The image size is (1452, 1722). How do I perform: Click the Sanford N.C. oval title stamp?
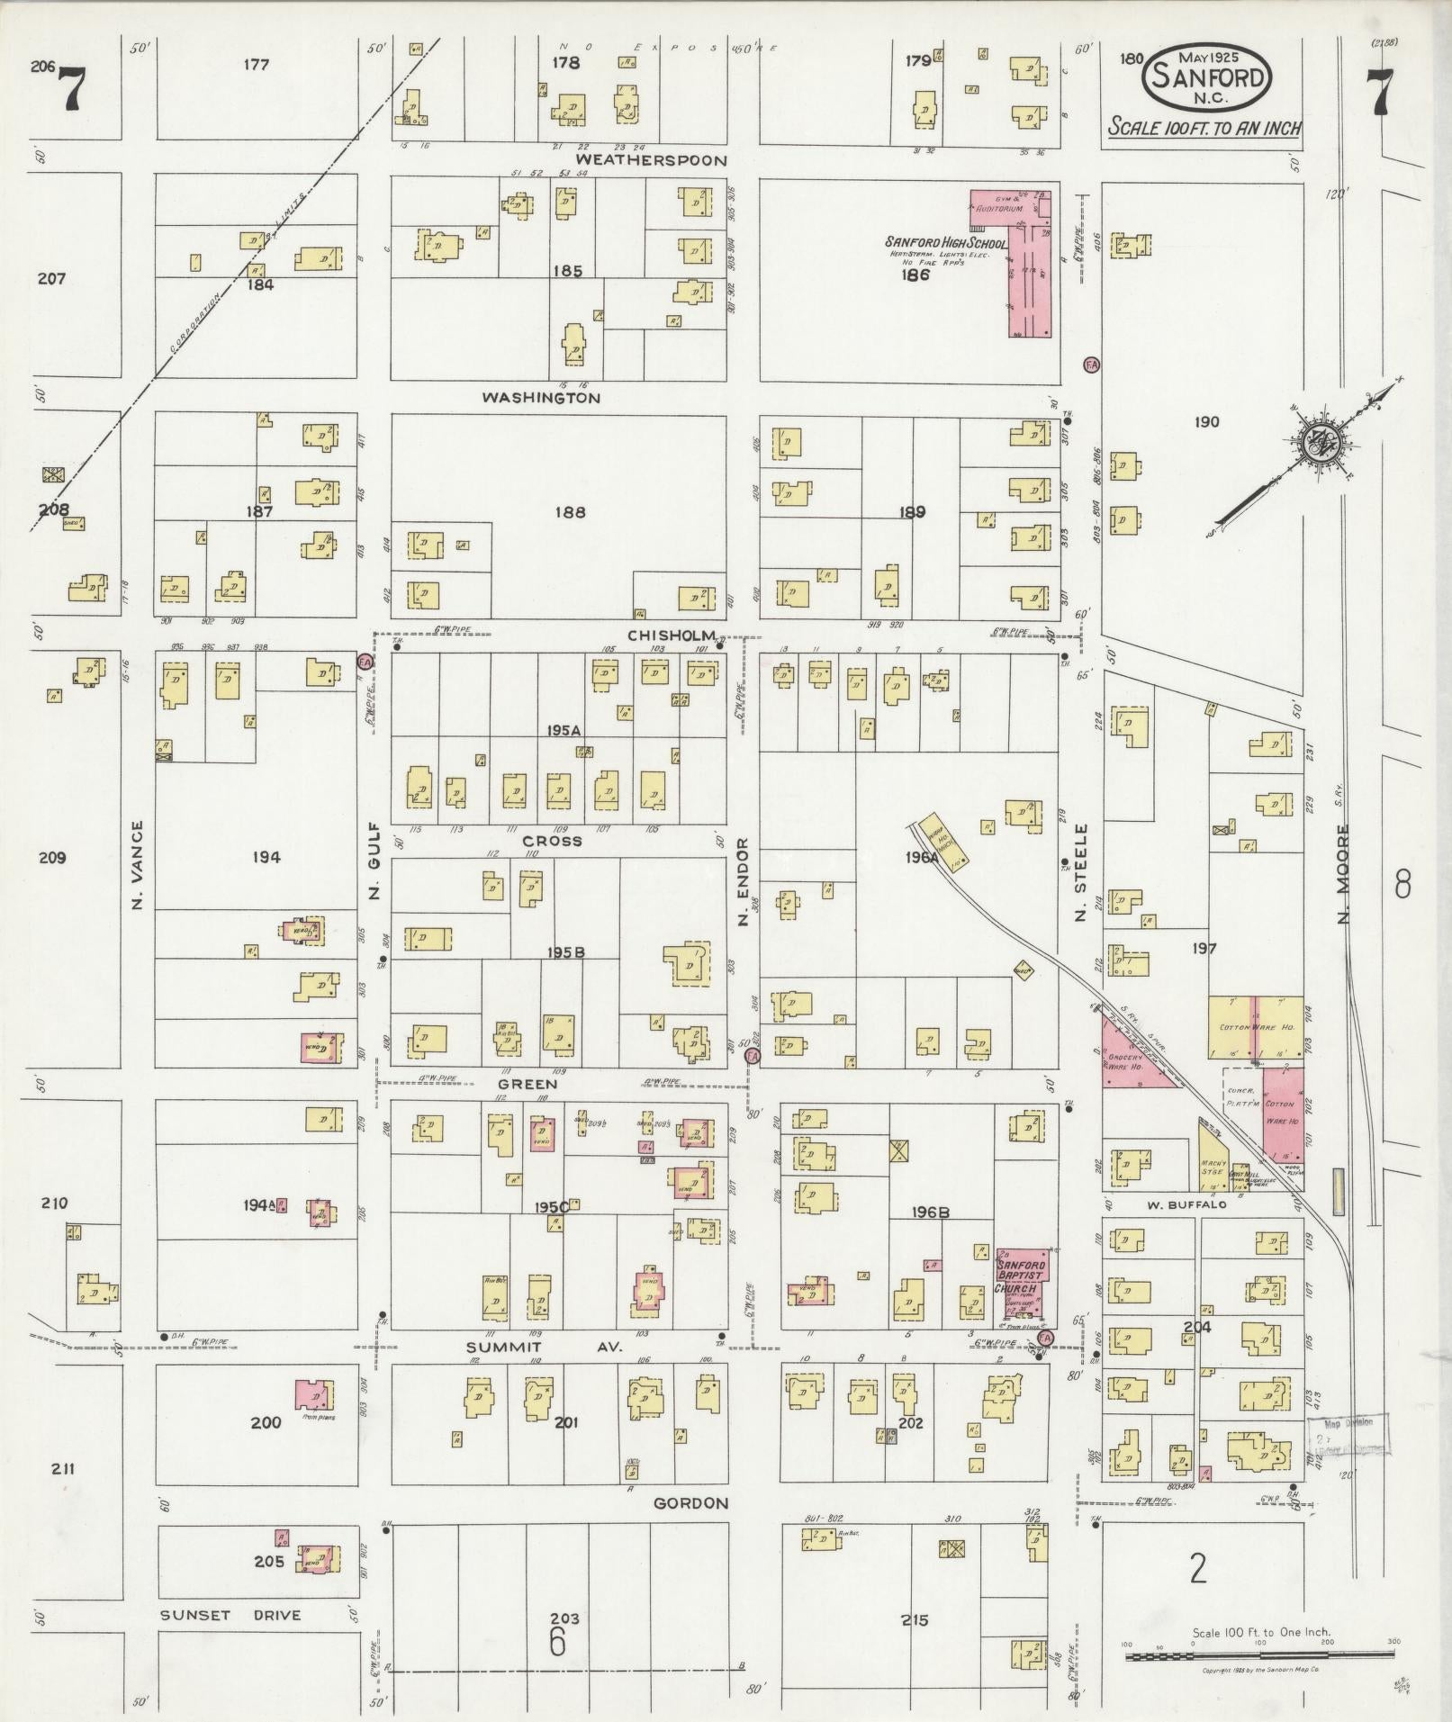[1206, 78]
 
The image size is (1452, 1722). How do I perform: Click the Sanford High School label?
[944, 243]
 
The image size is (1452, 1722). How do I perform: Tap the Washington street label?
[540, 397]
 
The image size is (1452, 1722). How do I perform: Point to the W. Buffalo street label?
[1186, 1204]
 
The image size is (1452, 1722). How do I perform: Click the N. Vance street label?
[138, 863]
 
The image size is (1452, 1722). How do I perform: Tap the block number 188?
[570, 512]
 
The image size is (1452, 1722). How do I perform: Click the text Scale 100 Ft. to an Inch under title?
[1204, 128]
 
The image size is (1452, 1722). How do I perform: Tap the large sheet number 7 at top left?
[72, 90]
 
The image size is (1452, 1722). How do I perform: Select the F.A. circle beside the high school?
[1091, 365]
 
